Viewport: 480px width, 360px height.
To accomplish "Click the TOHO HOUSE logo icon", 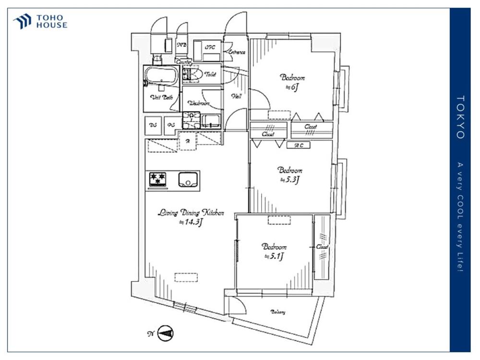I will [x=22, y=21].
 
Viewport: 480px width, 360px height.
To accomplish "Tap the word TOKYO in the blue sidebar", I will [x=460, y=117].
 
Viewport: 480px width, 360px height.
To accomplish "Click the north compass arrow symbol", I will [x=166, y=333].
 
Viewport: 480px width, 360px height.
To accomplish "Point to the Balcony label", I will [x=277, y=312].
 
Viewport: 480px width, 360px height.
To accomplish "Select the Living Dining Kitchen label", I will [x=191, y=213].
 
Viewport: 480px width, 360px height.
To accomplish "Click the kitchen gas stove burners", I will [x=158, y=180].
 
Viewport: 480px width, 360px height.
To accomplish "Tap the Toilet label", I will [x=210, y=74].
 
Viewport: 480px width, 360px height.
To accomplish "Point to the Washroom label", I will [x=199, y=103].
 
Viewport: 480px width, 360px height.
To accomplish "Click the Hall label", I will [x=237, y=96].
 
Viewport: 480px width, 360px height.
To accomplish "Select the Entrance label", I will [x=237, y=52].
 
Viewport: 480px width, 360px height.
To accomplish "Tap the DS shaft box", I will [x=153, y=125].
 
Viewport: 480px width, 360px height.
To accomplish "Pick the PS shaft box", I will [x=170, y=125].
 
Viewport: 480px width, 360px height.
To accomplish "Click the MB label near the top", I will [x=182, y=45].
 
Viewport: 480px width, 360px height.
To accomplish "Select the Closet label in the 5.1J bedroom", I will [x=322, y=247].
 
